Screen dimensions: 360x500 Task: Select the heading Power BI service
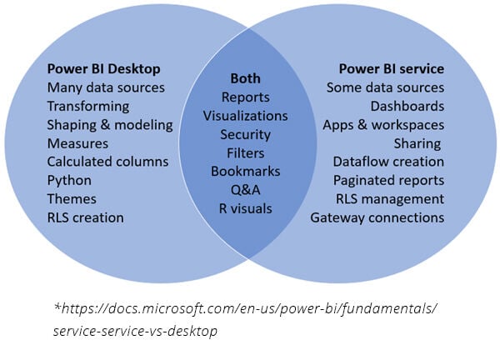point(391,69)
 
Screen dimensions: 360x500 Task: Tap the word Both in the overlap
point(245,77)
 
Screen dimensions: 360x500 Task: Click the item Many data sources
point(106,87)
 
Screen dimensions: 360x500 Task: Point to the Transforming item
point(87,106)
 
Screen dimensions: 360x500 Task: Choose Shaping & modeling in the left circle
point(110,125)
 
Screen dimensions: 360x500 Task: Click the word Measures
point(77,143)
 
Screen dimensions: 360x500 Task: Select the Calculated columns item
point(107,162)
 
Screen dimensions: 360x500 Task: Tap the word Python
point(69,180)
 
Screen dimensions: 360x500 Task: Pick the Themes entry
point(72,199)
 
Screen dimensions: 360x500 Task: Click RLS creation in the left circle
point(85,217)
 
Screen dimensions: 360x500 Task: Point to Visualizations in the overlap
point(245,116)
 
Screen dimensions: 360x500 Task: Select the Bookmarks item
point(245,171)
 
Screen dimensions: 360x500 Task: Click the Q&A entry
point(245,189)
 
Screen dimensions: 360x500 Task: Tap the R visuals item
point(245,208)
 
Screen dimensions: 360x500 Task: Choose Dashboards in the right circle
point(407,106)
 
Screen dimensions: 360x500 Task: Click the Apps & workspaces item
point(383,125)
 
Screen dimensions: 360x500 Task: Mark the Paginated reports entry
point(388,180)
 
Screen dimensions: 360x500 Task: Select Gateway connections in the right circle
point(377,217)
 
